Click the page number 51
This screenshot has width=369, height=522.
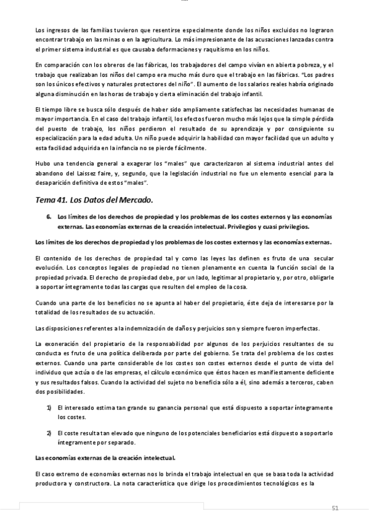[335, 508]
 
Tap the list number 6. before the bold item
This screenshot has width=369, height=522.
[49, 217]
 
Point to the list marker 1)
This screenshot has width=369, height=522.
[49, 408]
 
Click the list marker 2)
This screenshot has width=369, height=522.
[49, 433]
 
